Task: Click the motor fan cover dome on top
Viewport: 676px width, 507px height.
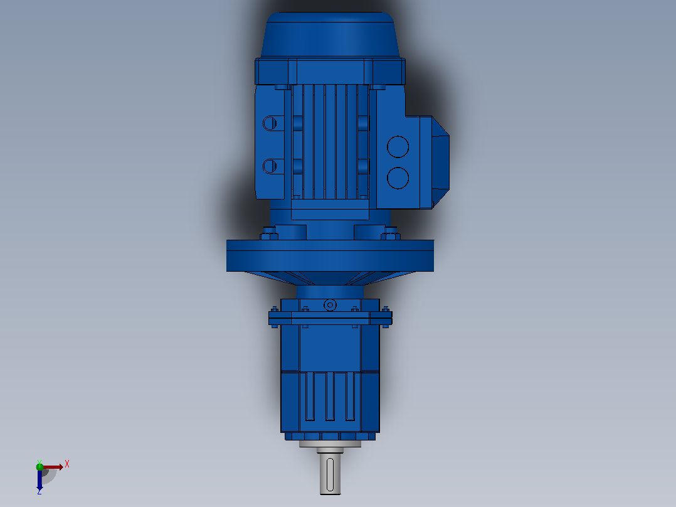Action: coord(330,35)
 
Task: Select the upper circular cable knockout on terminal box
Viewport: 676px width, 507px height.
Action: coord(398,147)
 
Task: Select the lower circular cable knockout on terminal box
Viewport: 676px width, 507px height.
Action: coord(398,178)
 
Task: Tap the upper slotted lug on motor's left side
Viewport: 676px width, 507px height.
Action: coord(270,124)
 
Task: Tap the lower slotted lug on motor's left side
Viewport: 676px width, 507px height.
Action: coord(270,166)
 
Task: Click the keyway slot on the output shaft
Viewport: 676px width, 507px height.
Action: coord(330,474)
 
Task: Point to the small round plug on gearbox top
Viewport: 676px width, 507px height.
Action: coord(330,305)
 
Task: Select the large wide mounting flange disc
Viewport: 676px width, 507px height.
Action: coord(330,255)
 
